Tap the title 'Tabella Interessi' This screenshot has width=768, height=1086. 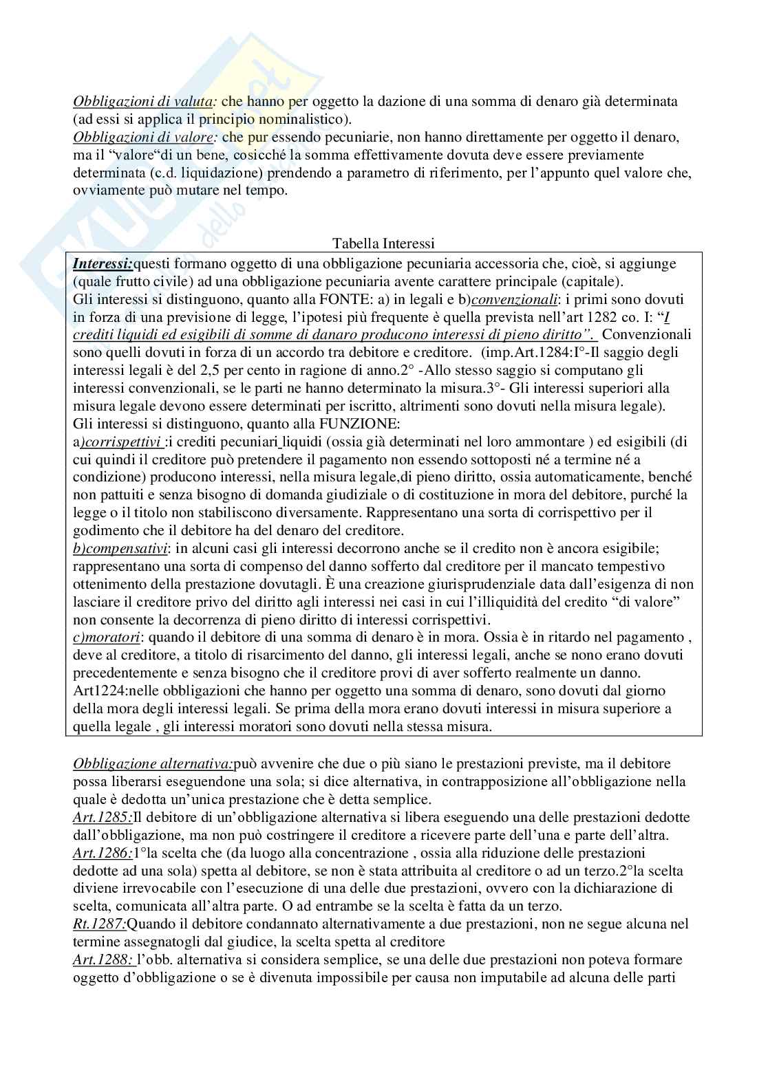click(383, 243)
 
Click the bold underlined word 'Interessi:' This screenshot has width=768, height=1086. click(103, 263)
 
